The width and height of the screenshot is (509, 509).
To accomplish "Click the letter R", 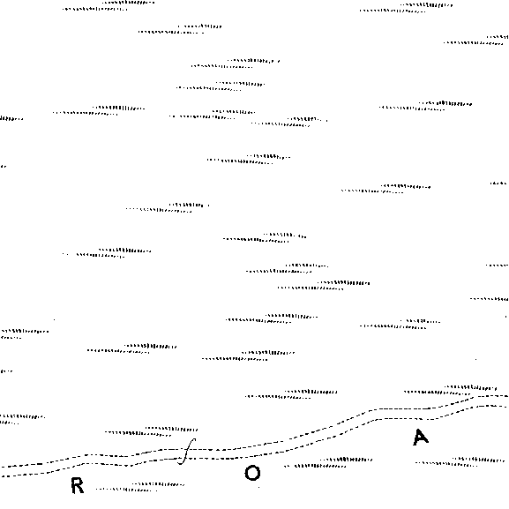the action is click(x=78, y=486).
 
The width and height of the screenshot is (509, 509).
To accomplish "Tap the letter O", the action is click(x=252, y=473).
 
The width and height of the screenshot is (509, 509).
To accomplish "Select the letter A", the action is click(x=421, y=438).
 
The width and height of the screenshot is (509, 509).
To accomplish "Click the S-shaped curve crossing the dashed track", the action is click(x=187, y=451).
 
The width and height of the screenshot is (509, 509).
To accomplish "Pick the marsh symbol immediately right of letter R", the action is click(x=140, y=487).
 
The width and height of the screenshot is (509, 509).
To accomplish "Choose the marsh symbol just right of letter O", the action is click(x=328, y=463).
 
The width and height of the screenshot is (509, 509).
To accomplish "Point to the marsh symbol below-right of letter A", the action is click(x=460, y=462).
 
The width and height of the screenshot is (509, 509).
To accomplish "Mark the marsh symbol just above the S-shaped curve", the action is click(x=151, y=431).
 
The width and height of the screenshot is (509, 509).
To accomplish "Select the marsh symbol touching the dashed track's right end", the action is click(x=450, y=390).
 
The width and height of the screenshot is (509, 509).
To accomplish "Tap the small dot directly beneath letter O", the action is click(x=258, y=487).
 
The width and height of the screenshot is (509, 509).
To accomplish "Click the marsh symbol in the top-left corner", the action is click(x=109, y=6).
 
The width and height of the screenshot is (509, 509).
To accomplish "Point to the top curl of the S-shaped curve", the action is click(x=193, y=440).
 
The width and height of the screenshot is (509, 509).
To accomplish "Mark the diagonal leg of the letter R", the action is click(x=80, y=490).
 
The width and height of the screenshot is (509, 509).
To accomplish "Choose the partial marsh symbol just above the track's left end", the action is click(x=22, y=419).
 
